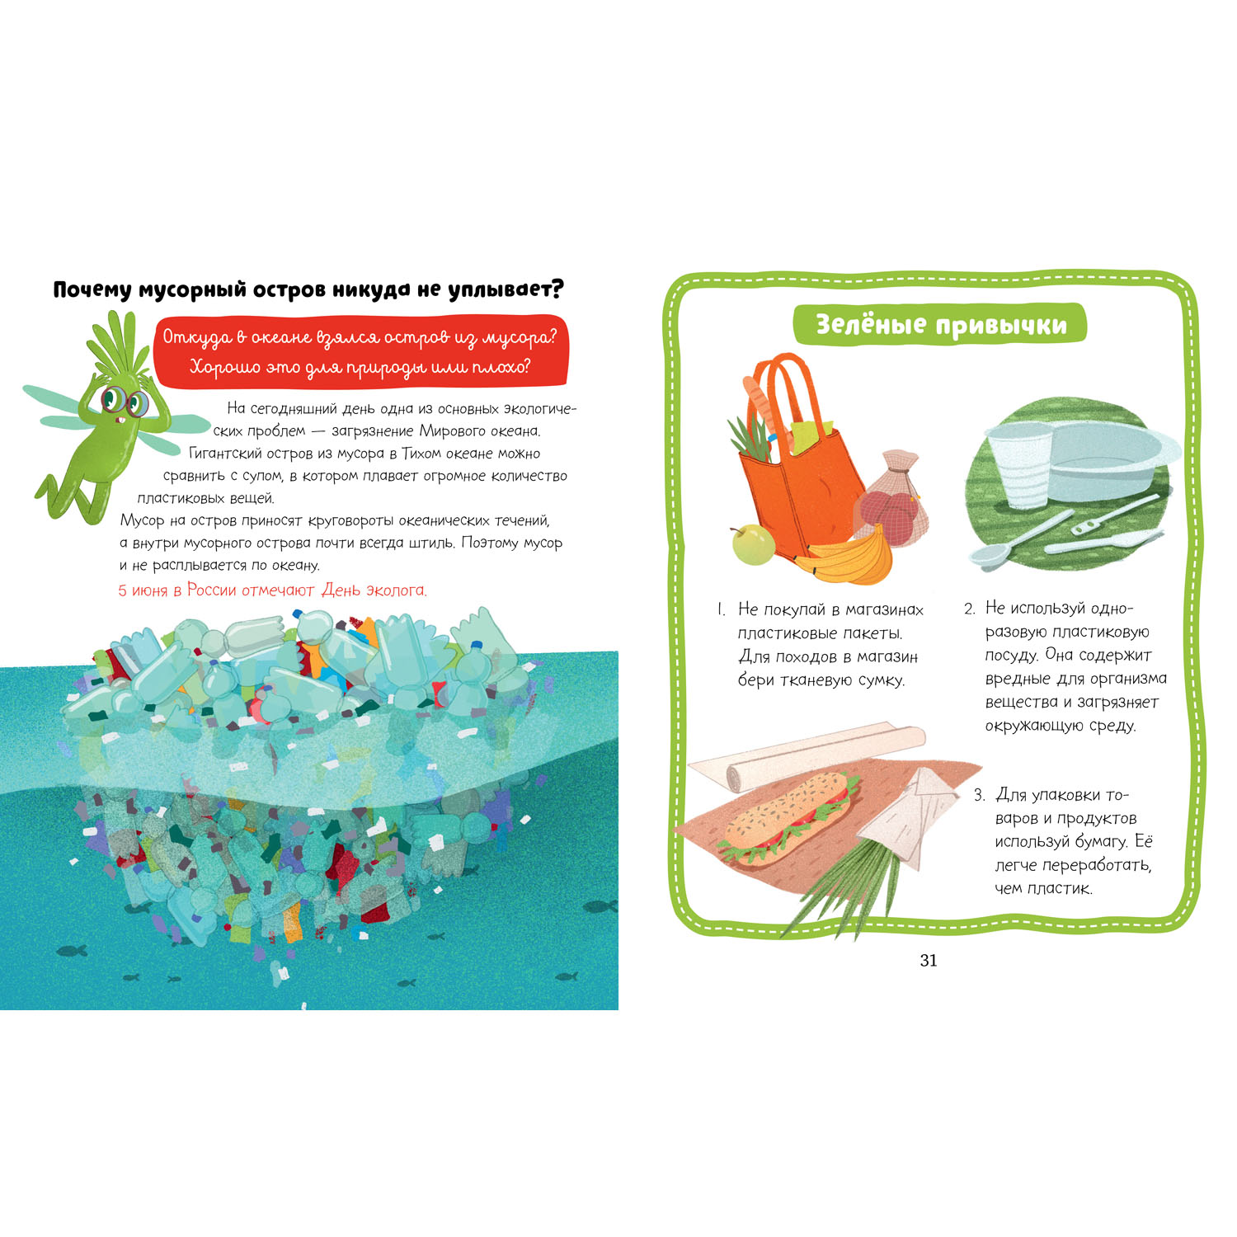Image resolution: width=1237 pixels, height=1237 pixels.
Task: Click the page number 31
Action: [929, 960]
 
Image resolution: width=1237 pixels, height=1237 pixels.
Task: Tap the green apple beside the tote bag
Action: [753, 544]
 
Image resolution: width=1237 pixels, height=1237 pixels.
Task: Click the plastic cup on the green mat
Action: [1020, 467]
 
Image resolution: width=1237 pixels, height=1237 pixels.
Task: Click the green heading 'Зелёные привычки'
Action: [940, 325]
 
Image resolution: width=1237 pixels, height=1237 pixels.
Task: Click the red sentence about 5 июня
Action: [273, 590]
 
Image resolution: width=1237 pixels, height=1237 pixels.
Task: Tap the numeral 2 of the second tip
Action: [969, 609]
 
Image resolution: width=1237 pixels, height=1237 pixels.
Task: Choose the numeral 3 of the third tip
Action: [979, 795]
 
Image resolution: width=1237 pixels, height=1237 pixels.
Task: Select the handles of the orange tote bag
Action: [783, 396]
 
